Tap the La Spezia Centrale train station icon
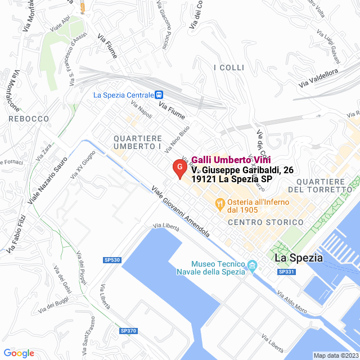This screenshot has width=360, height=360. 159,95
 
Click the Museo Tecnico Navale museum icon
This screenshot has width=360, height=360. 252,264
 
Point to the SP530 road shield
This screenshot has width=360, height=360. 112,260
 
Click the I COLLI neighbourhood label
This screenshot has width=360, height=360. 229,67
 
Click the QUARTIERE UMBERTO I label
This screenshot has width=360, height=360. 138,142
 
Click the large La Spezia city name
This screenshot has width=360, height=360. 299,258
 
